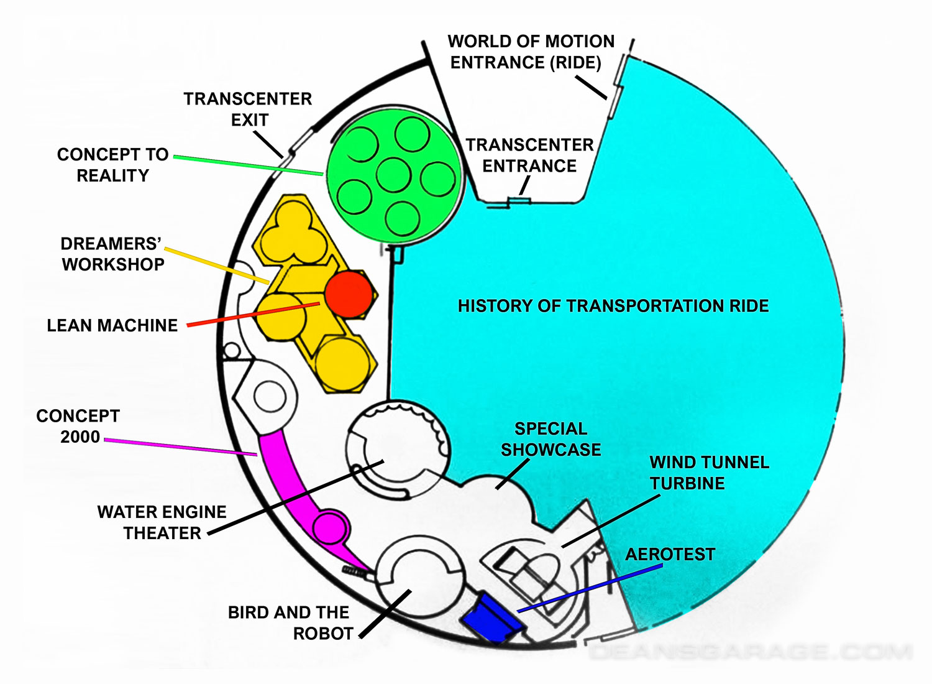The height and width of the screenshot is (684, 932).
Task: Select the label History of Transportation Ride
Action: pos(613,306)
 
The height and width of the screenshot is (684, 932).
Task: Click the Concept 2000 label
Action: pos(78,426)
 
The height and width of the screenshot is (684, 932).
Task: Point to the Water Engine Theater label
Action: pos(162,522)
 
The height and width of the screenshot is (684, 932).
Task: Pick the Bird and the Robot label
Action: pos(290,622)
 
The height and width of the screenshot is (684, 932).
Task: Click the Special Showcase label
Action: pos(551,439)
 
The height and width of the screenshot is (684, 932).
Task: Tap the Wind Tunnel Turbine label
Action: pos(709,473)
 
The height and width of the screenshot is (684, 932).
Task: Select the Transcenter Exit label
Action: pos(248,109)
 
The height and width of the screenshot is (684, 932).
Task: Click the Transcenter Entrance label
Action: pos(529,155)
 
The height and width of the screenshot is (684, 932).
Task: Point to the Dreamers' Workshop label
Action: pos(112,254)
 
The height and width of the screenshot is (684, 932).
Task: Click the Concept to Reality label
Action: pos(112,165)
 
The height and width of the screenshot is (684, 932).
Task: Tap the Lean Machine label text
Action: pos(112,325)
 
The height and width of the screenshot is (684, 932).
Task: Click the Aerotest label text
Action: pos(670,554)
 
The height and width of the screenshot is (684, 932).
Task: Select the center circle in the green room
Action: pos(393,175)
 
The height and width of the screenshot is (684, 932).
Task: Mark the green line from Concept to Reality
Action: pos(249,165)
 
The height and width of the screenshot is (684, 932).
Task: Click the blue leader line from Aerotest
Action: pos(590,588)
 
